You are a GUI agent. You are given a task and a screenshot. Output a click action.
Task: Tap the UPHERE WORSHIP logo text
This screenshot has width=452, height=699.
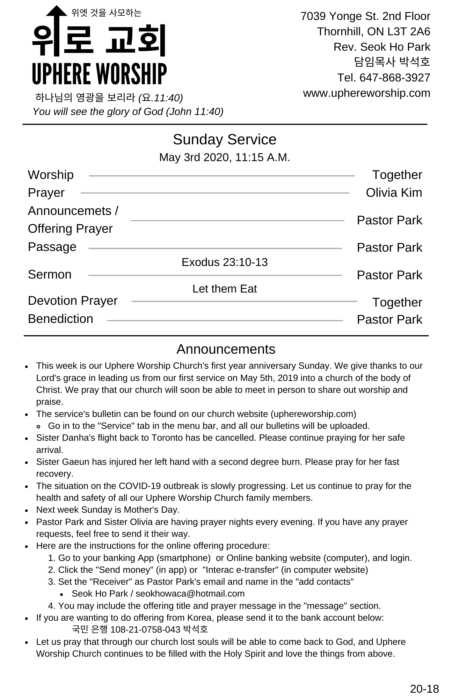99,74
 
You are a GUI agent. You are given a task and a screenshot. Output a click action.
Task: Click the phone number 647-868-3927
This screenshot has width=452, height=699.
395,78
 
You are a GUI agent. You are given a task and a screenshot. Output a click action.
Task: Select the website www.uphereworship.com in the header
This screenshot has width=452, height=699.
366,93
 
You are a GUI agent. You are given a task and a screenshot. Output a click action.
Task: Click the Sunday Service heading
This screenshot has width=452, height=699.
224,139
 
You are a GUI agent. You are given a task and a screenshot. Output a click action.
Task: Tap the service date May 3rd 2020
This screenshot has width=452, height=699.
195,158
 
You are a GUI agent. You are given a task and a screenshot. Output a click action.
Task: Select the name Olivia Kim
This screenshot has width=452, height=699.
394,193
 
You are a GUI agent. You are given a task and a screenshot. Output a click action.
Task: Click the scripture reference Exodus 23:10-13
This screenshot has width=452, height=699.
224,262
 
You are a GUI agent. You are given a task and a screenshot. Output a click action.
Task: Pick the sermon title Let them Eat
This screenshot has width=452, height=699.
224,289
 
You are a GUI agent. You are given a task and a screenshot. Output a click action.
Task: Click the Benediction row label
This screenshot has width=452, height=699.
60,319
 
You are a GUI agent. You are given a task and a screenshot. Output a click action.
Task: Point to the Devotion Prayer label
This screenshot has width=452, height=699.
73,301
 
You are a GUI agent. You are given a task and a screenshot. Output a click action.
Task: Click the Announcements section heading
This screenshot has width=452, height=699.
226,349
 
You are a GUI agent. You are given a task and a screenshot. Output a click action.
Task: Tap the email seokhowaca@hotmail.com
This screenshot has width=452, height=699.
190,593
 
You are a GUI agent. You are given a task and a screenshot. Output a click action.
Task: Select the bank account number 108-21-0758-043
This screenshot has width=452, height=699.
145,629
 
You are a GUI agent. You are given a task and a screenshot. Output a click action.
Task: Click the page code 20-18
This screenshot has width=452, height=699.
424,689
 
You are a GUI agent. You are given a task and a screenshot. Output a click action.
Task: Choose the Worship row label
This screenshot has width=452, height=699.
51,175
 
